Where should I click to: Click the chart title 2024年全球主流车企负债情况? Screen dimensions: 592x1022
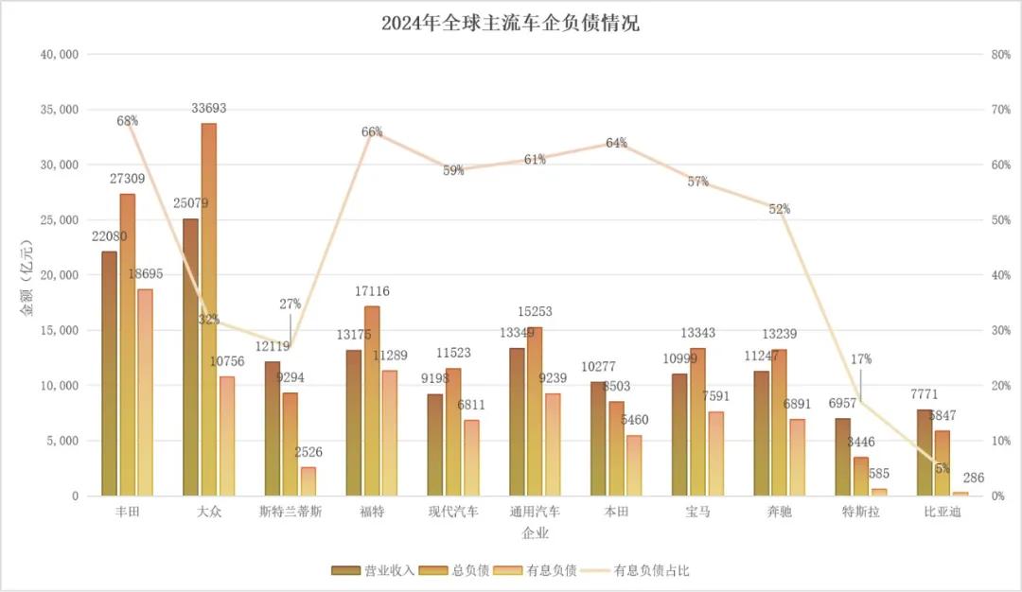pyautogui.click(x=510, y=24)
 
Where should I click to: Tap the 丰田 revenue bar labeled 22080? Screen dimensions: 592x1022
pyautogui.click(x=109, y=373)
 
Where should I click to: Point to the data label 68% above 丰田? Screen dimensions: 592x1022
pyautogui.click(x=128, y=121)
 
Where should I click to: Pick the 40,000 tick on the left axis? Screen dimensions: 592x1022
pyautogui.click(x=60, y=55)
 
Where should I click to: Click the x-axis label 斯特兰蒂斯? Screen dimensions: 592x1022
pyautogui.click(x=290, y=512)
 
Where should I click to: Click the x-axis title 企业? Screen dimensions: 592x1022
pyautogui.click(x=535, y=533)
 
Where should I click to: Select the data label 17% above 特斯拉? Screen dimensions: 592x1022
pyautogui.click(x=861, y=359)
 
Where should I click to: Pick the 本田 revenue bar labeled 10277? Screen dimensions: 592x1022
pyautogui.click(x=597, y=439)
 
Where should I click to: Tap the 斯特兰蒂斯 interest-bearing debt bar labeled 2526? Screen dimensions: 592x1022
pyautogui.click(x=308, y=481)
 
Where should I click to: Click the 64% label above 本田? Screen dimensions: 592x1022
pyautogui.click(x=617, y=143)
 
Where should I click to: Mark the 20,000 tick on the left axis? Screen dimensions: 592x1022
pyautogui.click(x=60, y=275)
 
